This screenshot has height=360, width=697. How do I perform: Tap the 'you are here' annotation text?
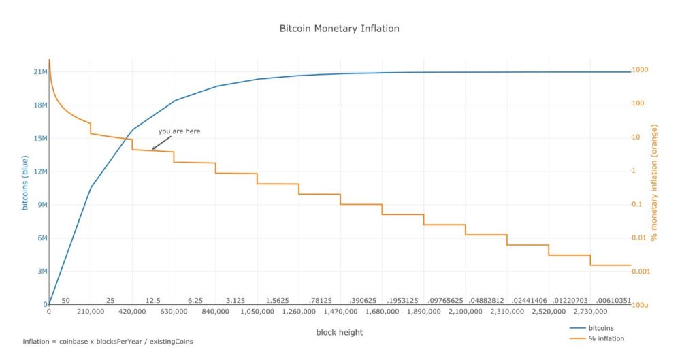[x=179, y=131]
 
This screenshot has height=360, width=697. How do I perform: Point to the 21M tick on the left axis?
[x=39, y=72]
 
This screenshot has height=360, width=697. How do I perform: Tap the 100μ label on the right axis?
[x=641, y=305]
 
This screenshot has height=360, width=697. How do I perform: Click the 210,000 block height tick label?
[x=91, y=312]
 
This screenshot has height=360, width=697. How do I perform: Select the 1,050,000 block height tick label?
[x=257, y=312]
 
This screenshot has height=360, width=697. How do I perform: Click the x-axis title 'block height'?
[x=339, y=332]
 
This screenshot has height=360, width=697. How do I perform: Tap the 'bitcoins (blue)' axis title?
[x=25, y=183]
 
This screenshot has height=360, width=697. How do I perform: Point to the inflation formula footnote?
[x=108, y=341]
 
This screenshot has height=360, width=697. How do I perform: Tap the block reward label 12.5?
[x=152, y=300]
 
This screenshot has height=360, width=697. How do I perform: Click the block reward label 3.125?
[x=236, y=300]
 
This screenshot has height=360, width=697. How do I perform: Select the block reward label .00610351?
[x=613, y=300]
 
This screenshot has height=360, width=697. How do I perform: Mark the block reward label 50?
[x=65, y=300]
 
